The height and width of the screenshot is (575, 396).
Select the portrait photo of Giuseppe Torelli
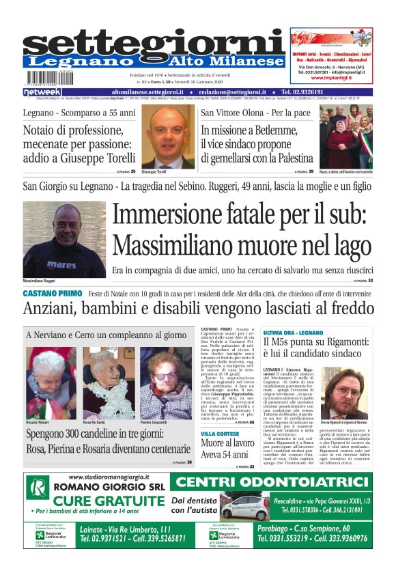[x=163, y=136]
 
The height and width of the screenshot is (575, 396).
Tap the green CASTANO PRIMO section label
[x=52, y=293]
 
